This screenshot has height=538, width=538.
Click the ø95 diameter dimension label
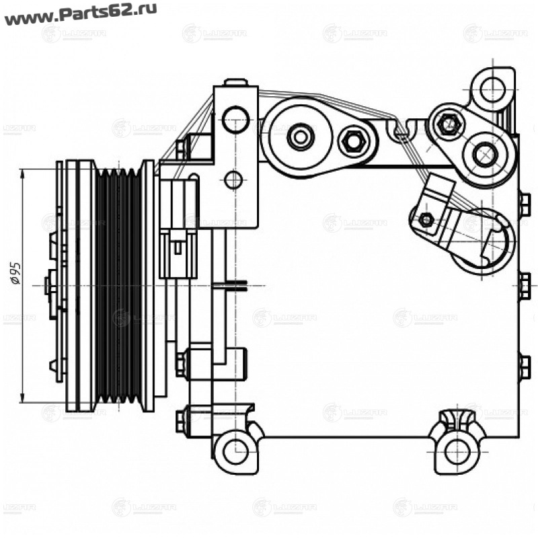click(17, 274)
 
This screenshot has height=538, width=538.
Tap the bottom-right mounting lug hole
click(457, 449)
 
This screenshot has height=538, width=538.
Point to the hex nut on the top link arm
click(352, 141)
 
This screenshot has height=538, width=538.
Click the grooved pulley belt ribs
click(118, 286)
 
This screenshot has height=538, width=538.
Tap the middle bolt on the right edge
click(525, 286)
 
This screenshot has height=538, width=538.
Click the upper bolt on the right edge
click(524, 205)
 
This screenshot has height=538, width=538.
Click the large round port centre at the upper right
click(484, 154)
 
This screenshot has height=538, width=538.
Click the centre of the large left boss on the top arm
click(300, 137)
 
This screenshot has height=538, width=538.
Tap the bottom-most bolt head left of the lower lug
click(182, 422)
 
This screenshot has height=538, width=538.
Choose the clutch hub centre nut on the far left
click(49, 286)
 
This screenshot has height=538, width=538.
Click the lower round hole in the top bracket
click(233, 180)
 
